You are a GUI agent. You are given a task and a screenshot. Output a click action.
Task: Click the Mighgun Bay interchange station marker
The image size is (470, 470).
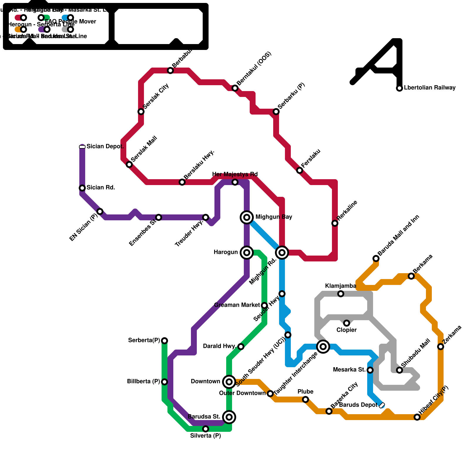tap(247, 217)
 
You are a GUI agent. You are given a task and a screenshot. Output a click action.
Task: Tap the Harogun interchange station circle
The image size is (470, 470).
tap(247, 253)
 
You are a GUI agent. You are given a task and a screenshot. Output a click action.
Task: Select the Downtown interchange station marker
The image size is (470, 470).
tap(229, 382)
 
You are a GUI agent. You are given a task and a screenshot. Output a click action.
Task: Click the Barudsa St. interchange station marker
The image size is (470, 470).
tap(229, 417)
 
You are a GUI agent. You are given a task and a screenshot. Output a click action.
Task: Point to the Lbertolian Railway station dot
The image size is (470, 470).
tap(399, 88)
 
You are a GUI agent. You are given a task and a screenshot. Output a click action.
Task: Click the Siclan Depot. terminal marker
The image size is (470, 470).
tap(82, 147)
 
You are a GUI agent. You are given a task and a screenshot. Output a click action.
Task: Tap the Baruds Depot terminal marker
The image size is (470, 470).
tap(382, 406)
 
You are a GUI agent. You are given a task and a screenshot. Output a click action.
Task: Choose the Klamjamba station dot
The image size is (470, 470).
tap(341, 294)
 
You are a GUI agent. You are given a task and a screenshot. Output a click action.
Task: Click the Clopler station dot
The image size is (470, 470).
tap(347, 323)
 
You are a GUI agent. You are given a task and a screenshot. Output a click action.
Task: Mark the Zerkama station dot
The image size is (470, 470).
tap(441, 347)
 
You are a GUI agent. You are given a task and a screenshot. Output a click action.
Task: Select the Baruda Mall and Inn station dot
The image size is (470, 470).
tap(376, 258)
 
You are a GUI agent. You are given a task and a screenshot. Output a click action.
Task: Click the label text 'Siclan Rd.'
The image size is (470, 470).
tap(101, 187)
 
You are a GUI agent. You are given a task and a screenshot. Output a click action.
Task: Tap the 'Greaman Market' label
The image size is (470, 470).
tap(237, 305)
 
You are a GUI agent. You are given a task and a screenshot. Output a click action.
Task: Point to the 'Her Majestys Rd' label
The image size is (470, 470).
tap(235, 174)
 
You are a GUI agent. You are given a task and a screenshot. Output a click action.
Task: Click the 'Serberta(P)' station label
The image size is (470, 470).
tap(144, 340)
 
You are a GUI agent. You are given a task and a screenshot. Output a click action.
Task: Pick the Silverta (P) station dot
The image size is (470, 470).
tap(206, 429)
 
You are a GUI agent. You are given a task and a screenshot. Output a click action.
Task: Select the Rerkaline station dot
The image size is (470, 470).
tap(335, 223)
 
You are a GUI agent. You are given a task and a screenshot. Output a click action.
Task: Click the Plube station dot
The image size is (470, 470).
tap(305, 399)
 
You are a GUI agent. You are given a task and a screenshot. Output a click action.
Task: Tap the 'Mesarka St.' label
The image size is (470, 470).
tap(349, 370)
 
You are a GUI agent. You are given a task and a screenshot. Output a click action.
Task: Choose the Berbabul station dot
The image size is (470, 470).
tap(170, 70)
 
